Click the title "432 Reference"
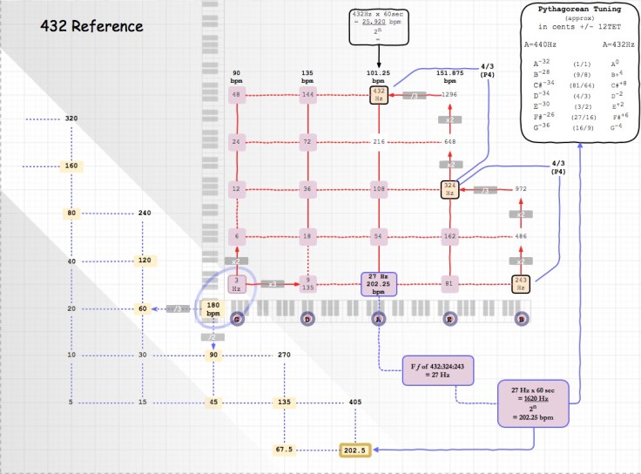pos(91,26)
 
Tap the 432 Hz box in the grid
pos(379,93)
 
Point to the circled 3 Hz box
pos(236,283)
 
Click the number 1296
pos(449,93)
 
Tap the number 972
pos(521,188)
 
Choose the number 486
pos(521,236)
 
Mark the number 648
pos(450,141)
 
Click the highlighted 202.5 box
pos(355,450)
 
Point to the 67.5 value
pos(284,450)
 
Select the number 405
pos(354,403)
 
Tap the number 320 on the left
pos(71,118)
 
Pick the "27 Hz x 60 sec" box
pos(533,403)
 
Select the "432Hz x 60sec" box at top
pos(379,24)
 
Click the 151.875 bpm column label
pos(450,77)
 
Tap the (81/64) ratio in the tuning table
pos(577,84)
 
